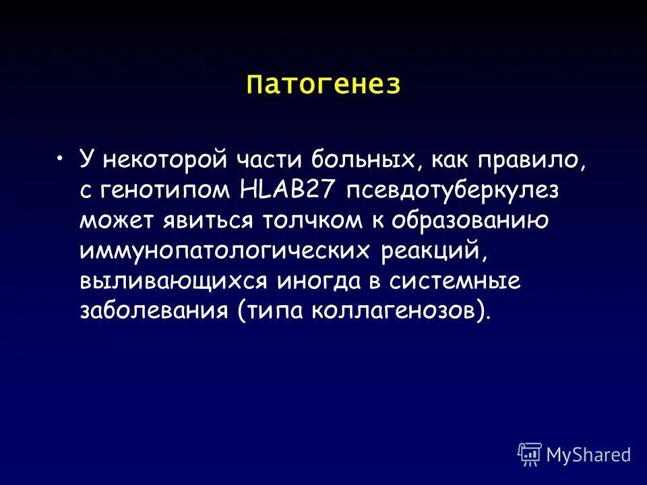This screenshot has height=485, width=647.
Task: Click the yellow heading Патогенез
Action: pyautogui.click(x=323, y=85)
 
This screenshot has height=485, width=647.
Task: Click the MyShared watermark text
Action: pyautogui.click(x=589, y=455)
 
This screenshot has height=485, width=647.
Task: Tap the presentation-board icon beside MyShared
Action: pyautogui.click(x=530, y=454)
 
